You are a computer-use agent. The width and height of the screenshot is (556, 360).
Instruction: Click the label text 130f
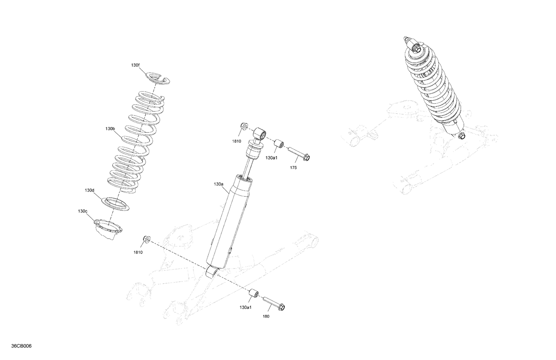pyautogui.click(x=135, y=65)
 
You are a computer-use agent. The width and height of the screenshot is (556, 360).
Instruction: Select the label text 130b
pyautogui.click(x=110, y=129)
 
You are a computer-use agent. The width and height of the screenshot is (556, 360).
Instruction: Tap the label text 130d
pyautogui.click(x=89, y=190)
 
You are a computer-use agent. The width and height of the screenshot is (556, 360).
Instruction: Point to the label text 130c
pyautogui.click(x=83, y=211)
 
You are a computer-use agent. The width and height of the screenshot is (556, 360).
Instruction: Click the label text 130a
pyautogui.click(x=219, y=184)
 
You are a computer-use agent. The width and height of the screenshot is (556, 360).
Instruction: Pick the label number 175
pyautogui.click(x=293, y=168)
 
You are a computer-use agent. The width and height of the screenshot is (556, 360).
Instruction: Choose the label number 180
pyautogui.click(x=266, y=316)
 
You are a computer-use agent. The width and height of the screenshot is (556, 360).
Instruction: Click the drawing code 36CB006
pyautogui.click(x=21, y=346)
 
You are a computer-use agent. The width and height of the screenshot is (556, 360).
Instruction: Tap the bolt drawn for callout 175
pyautogui.click(x=298, y=154)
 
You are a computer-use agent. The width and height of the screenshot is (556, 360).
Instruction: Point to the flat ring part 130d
pyautogui.click(x=116, y=204)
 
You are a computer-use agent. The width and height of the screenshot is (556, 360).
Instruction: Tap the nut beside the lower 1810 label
pyautogui.click(x=146, y=239)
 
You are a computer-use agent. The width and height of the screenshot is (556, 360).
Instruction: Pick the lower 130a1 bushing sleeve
pyautogui.click(x=254, y=294)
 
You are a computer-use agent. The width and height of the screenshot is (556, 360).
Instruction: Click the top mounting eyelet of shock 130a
pyautogui.click(x=260, y=133)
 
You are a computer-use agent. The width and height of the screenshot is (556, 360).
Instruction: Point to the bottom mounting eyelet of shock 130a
pyautogui.click(x=212, y=273)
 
